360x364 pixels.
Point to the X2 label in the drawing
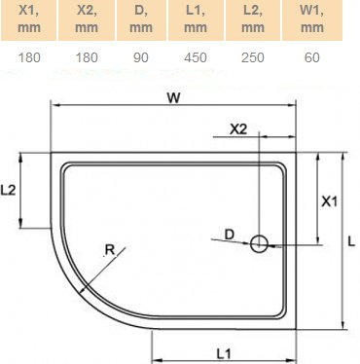[x=238, y=127]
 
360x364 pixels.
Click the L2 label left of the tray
[x=10, y=191]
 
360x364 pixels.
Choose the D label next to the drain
[x=229, y=233]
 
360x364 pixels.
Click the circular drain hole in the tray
[x=260, y=244]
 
